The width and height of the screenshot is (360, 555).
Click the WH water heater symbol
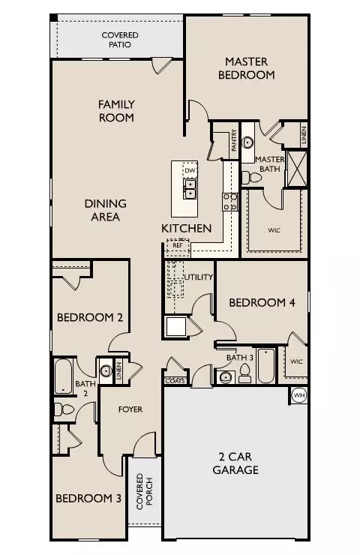pos(299,395)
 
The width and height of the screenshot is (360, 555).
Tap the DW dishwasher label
pos(190,170)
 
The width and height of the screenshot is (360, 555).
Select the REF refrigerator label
pos(178,245)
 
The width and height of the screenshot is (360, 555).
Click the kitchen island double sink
pos(190,189)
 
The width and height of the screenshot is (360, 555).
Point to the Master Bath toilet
pos(251,177)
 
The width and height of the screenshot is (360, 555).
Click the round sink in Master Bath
pos(247,142)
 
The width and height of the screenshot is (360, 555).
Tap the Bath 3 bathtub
pos(266,366)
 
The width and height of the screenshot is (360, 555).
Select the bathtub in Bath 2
pos(64,376)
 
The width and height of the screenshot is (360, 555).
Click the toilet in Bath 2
pos(64,410)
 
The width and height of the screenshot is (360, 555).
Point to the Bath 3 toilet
pos(244,373)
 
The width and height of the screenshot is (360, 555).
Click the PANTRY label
pos(234,140)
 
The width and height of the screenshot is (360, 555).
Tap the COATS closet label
pos(175,381)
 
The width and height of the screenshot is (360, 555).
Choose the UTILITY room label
pos(199,277)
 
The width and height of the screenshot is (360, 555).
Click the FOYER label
pos(130,409)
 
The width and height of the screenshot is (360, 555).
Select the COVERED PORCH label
pos(145,491)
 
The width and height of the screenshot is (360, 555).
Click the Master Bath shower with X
pos(297,169)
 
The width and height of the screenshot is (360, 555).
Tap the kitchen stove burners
pos(230,202)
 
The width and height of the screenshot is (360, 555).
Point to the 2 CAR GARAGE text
pos(235,463)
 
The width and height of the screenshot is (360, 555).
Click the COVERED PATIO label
pos(120,40)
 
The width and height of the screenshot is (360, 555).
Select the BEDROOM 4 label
pos(262,303)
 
